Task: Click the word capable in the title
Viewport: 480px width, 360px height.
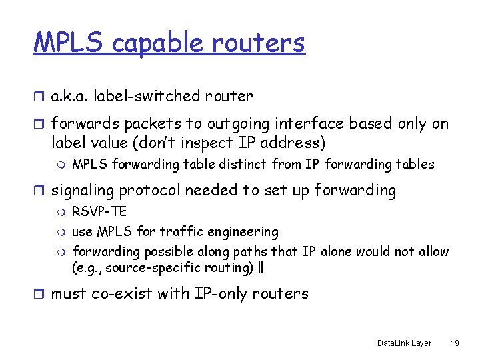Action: pyautogui.click(x=158, y=43)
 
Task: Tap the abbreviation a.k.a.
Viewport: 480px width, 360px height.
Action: pyautogui.click(x=70, y=97)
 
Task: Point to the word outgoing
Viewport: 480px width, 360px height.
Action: pyautogui.click(x=239, y=124)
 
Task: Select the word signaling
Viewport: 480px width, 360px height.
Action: pyautogui.click(x=83, y=191)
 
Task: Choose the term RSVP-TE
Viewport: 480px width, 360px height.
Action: pyautogui.click(x=99, y=212)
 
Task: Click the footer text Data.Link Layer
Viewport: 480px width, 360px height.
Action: pyautogui.click(x=404, y=343)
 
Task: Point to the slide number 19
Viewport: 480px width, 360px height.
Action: pyautogui.click(x=455, y=343)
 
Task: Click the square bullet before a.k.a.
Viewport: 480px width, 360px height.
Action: pyautogui.click(x=39, y=97)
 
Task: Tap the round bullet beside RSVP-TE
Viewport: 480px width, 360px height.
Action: pyautogui.click(x=63, y=212)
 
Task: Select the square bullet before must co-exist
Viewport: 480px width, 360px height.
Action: pyautogui.click(x=39, y=293)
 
